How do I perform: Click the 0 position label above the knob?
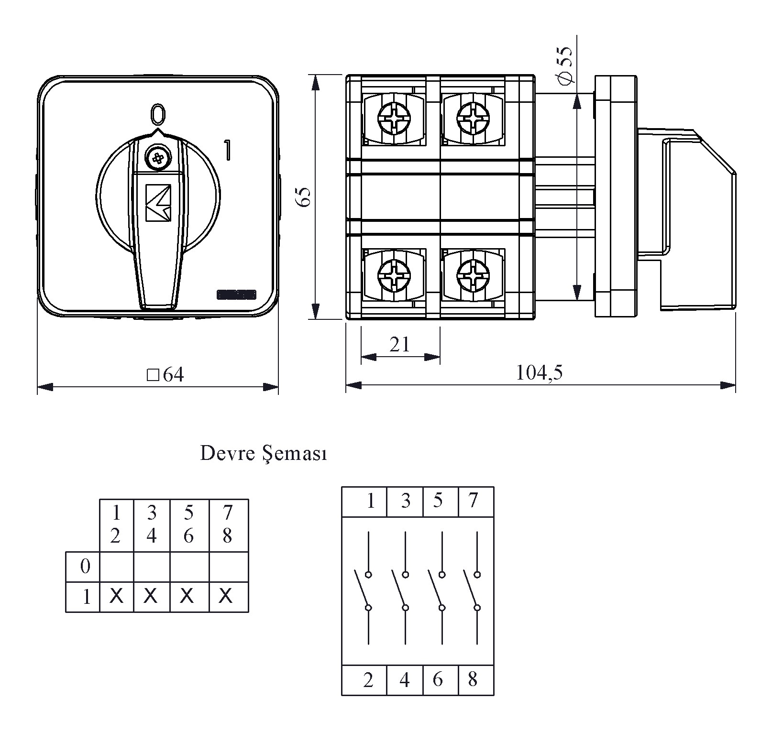click(x=158, y=114)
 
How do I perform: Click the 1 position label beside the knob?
click(x=228, y=150)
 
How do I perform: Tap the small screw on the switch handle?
click(x=158, y=157)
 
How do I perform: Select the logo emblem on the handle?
click(x=158, y=202)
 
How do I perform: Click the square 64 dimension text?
click(x=165, y=375)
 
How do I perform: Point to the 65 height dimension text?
click(x=304, y=197)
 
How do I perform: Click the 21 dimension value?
click(x=399, y=344)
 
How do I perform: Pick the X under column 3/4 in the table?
click(x=151, y=596)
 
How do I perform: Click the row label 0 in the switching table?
click(x=85, y=567)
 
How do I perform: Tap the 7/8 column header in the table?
click(x=228, y=524)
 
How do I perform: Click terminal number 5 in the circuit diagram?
click(x=438, y=501)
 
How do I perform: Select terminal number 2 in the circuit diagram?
click(x=368, y=679)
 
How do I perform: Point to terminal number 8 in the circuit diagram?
click(x=473, y=679)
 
